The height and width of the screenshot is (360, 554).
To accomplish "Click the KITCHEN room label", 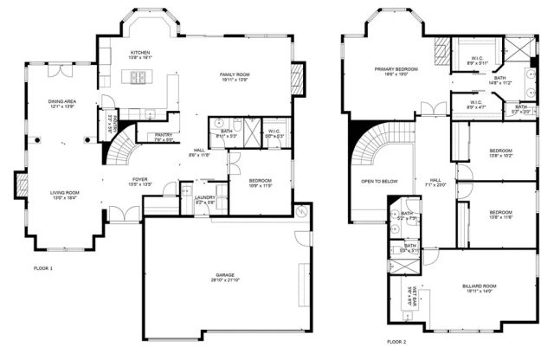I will click(140, 53).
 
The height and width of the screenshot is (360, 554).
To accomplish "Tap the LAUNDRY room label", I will click(204, 197).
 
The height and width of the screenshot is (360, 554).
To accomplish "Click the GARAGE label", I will click(226, 275).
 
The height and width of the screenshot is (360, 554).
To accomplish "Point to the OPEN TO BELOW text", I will click(379, 182).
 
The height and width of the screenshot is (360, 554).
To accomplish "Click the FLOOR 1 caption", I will click(42, 268).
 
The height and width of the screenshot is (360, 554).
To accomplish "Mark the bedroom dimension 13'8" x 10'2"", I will click(501, 157).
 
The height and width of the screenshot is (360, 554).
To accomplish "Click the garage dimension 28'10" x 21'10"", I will click(226, 282).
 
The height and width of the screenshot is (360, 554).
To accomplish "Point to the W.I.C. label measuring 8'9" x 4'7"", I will click(477, 106).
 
